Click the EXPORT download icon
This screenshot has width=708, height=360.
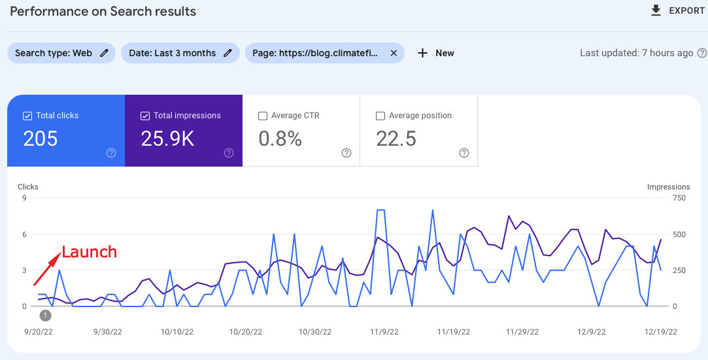click(656, 10)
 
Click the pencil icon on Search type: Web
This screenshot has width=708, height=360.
click(104, 53)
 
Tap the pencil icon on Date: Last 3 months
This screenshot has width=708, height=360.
click(228, 53)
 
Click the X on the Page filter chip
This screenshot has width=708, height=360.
click(394, 53)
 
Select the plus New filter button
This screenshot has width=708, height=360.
click(435, 53)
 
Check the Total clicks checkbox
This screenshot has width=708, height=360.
click(27, 116)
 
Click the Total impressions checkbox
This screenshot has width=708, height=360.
click(145, 116)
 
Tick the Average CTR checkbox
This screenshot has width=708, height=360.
click(263, 116)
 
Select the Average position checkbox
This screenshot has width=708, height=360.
click(380, 116)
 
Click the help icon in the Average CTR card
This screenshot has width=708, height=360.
click(346, 153)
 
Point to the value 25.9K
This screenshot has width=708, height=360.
click(167, 139)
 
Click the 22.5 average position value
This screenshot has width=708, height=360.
click(396, 139)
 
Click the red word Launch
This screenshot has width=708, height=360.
click(89, 252)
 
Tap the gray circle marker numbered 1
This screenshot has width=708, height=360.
click(45, 316)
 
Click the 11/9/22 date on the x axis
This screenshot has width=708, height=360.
click(384, 332)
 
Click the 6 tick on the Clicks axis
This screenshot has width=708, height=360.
click(24, 234)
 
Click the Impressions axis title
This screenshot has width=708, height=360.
click(668, 187)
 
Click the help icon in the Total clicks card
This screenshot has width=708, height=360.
click(111, 153)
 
